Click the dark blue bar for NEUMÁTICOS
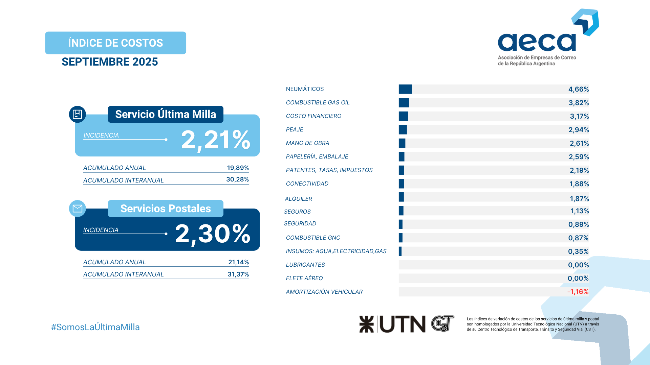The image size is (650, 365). (405, 89)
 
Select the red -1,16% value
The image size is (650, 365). (578, 292)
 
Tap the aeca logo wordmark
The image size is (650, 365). (537, 42)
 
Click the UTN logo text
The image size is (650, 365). (402, 324)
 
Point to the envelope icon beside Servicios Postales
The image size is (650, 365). (78, 209)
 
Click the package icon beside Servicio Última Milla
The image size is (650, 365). (78, 114)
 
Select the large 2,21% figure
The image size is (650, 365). (216, 140)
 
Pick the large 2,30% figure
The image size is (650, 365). (213, 234)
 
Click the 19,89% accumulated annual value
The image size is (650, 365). (238, 168)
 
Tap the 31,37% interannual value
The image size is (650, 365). (238, 274)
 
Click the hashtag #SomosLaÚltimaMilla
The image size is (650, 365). (95, 327)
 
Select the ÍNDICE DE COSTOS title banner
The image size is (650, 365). (115, 43)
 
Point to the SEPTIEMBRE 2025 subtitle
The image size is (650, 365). (110, 62)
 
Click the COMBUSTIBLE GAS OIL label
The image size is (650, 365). (318, 102)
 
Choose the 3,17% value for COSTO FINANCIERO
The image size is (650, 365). (579, 116)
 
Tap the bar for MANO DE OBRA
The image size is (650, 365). (402, 143)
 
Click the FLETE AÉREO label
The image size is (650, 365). (304, 278)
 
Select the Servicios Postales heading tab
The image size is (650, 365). (166, 209)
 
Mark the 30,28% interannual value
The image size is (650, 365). (237, 179)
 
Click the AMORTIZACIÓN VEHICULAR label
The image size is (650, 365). (324, 292)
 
